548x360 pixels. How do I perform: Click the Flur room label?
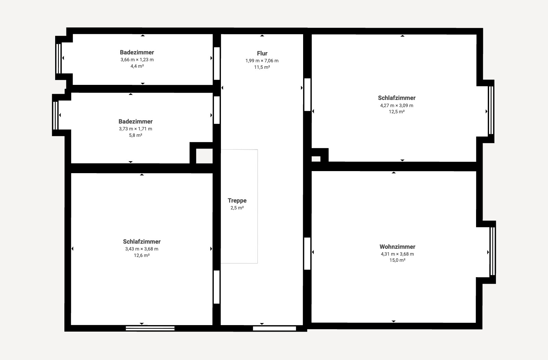tap(262, 53)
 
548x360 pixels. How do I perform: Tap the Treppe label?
tap(237, 201)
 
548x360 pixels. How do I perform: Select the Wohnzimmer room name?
tap(397, 247)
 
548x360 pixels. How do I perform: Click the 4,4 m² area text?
tap(137, 66)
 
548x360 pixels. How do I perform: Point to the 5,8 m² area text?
tap(136, 136)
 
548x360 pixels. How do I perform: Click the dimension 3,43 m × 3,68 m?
tap(142, 249)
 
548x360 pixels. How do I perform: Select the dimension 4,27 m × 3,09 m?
tap(397, 106)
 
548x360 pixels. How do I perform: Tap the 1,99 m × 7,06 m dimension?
tap(262, 61)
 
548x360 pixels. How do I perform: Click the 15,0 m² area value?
tap(397, 260)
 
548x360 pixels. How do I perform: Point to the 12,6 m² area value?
tap(142, 255)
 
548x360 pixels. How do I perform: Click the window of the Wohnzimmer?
tap(493, 251)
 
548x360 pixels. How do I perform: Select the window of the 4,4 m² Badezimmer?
tap(59, 59)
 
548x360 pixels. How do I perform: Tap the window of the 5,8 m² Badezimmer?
tap(55, 115)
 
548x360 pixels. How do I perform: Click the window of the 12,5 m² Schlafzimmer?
tap(491, 110)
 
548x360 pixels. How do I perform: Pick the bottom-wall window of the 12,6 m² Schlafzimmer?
tap(150, 328)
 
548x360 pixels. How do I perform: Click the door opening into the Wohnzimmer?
tap(307, 254)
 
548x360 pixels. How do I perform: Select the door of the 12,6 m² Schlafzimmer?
tap(216, 287)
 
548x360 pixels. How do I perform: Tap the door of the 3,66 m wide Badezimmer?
tap(217, 64)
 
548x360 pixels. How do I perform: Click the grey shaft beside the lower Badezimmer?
tap(204, 156)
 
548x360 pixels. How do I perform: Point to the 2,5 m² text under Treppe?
tap(237, 208)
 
